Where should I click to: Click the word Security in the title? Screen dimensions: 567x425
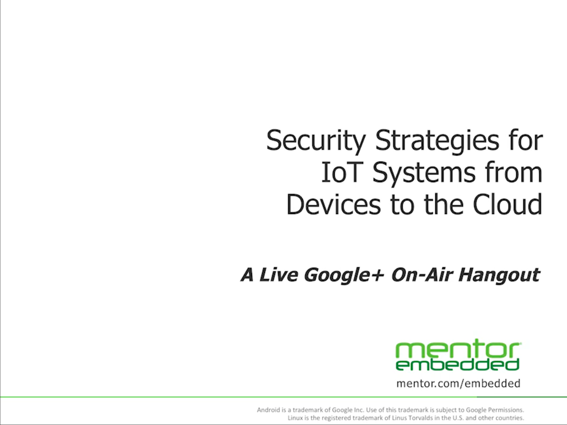pos(316,142)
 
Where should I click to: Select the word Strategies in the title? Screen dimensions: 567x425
pos(437,142)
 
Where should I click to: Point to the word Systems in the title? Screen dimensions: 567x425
pos(424,174)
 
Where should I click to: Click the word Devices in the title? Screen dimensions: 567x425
pos(333,204)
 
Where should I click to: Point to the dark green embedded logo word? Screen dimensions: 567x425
pos(458,365)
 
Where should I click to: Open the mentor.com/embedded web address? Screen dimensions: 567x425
pos(458,384)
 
